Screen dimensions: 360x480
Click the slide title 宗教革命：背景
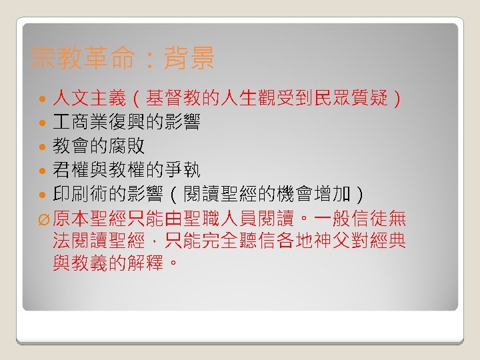tap(123, 59)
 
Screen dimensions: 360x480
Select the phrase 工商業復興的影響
tap(127, 123)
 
